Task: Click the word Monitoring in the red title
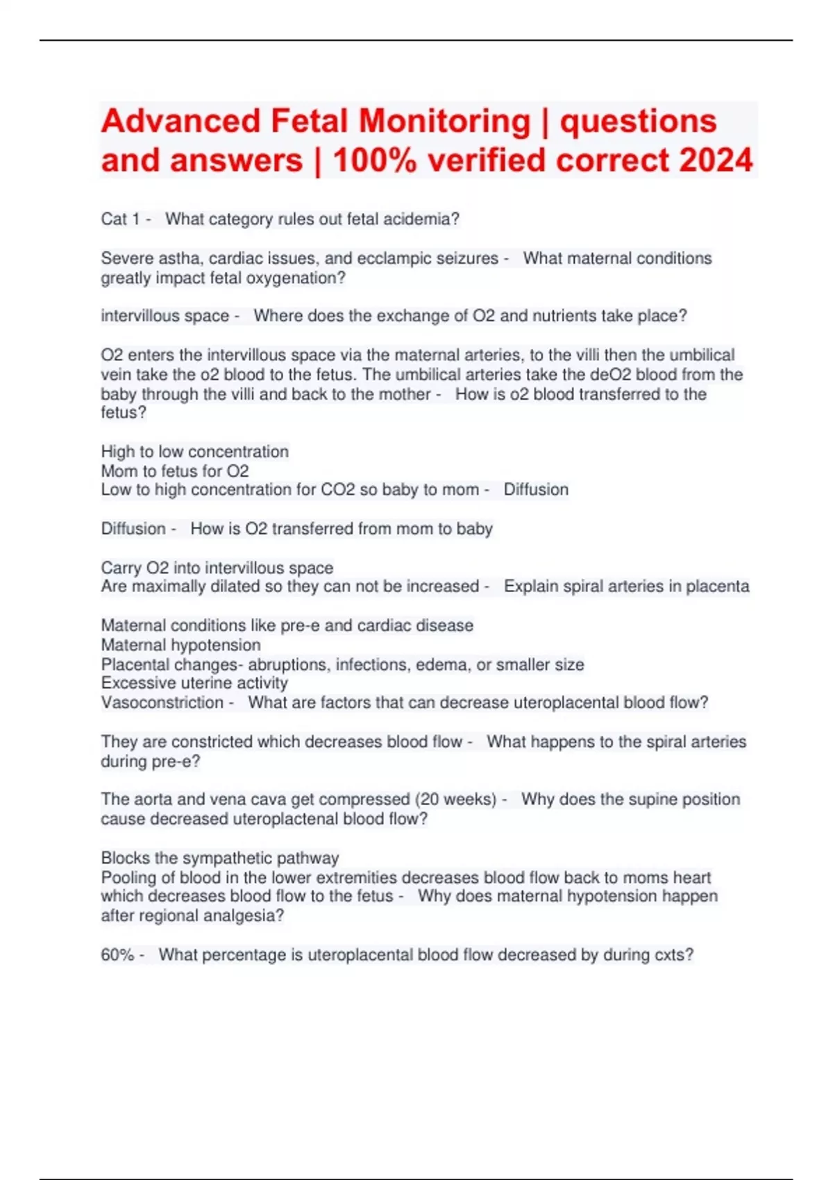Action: [x=444, y=121]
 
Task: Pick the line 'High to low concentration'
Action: [x=194, y=452]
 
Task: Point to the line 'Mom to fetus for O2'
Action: [x=175, y=471]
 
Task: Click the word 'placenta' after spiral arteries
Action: [x=717, y=587]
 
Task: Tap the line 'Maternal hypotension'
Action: [x=180, y=645]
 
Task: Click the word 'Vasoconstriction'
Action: [x=162, y=702]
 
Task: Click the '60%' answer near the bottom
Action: [x=117, y=955]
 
